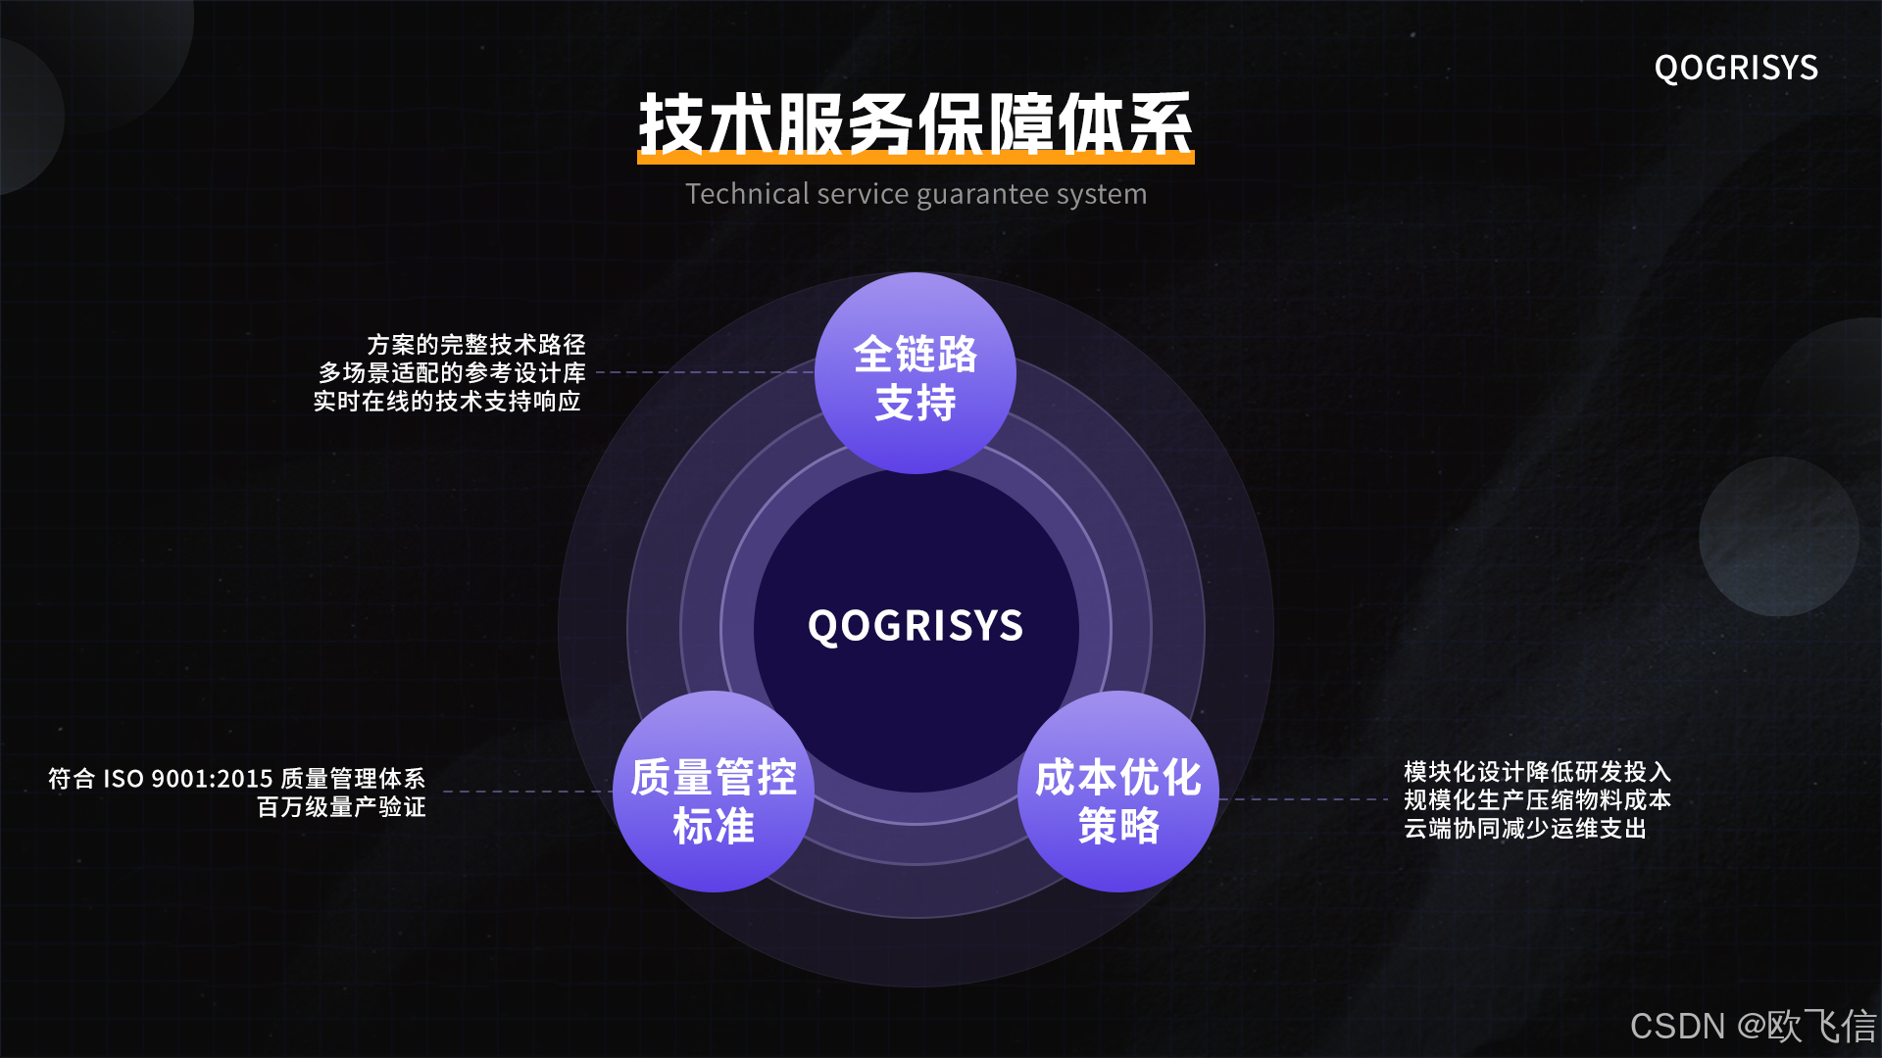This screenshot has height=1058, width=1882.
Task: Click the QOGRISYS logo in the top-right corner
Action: (1736, 68)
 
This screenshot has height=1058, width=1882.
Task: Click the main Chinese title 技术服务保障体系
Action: (916, 125)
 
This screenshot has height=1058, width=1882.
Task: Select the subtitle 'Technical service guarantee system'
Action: (916, 194)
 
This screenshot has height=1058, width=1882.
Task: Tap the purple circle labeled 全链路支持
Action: (916, 373)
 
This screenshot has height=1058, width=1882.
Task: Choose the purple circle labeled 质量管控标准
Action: (714, 792)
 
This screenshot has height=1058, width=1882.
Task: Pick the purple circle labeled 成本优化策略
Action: (1118, 792)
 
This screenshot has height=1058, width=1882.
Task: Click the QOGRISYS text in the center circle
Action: (916, 626)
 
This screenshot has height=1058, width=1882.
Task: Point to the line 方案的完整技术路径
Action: (476, 345)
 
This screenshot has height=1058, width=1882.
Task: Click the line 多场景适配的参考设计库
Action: (452, 373)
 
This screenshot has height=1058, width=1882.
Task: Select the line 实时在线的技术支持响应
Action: (447, 402)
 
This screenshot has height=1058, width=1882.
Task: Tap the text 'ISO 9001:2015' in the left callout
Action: (188, 779)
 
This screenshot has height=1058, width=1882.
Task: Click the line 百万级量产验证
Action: (341, 807)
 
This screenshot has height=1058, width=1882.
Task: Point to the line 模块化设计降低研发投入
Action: (1537, 772)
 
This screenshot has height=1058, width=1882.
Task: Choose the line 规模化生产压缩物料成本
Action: (1537, 800)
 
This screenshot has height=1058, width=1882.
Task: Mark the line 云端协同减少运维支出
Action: (1525, 829)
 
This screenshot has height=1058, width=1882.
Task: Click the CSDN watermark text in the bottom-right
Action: (1753, 1027)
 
